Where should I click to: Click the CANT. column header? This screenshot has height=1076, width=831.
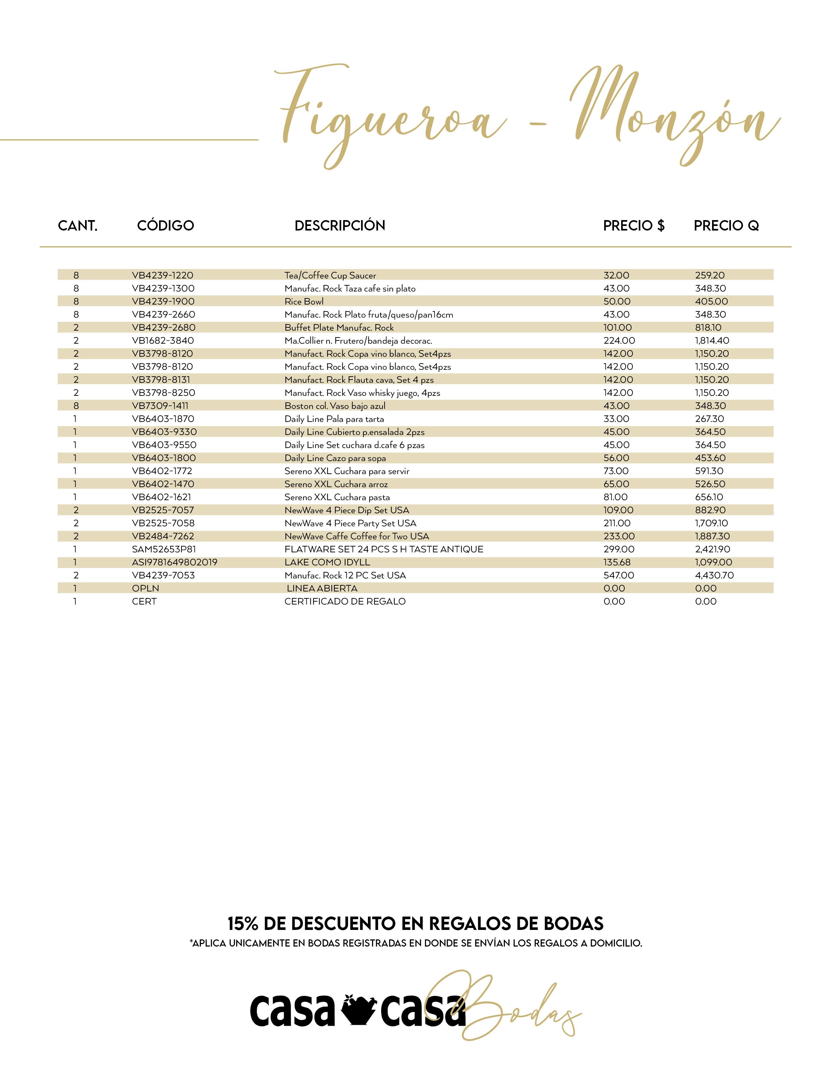pyautogui.click(x=78, y=226)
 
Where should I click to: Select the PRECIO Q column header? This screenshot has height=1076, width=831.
pyautogui.click(x=726, y=226)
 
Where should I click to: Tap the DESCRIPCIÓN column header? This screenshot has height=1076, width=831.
pyautogui.click(x=340, y=226)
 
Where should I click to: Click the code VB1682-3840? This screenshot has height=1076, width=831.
pyautogui.click(x=163, y=340)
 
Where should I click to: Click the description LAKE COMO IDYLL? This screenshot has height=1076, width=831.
pyautogui.click(x=327, y=562)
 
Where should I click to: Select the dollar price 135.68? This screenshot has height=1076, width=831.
pyautogui.click(x=617, y=562)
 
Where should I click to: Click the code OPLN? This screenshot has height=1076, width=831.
pyautogui.click(x=145, y=588)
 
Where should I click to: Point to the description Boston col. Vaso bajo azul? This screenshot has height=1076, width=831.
pyautogui.click(x=335, y=406)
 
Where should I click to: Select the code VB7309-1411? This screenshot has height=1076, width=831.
pyautogui.click(x=160, y=406)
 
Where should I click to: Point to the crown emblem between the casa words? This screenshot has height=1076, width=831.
pyautogui.click(x=358, y=1010)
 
